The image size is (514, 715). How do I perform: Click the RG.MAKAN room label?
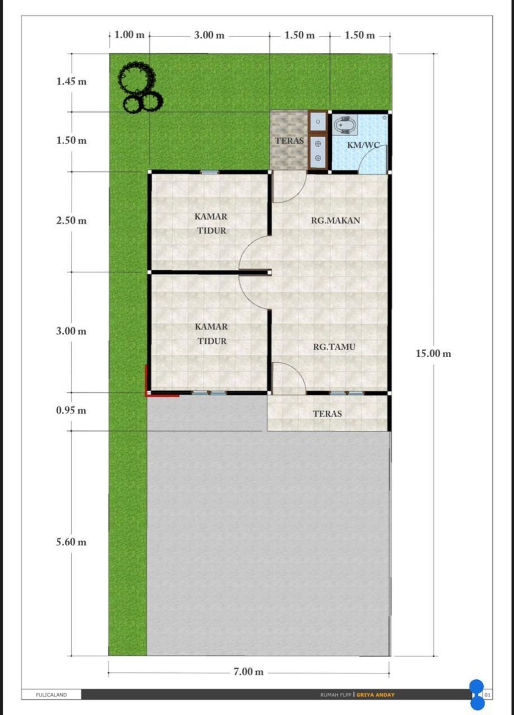[335, 220]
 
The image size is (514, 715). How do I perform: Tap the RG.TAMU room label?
[334, 347]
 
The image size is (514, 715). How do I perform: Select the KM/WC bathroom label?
[363, 145]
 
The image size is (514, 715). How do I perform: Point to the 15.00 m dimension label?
[433, 353]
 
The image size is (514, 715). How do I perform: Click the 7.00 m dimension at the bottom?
[248, 672]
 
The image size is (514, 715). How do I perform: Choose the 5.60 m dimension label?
[71, 542]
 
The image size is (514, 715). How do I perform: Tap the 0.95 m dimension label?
[71, 410]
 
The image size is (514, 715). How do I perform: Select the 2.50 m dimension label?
[71, 220]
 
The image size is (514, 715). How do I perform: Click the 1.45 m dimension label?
[71, 81]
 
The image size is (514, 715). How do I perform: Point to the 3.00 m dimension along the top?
[209, 35]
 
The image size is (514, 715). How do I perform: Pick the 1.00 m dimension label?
[130, 35]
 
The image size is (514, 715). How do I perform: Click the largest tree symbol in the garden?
[136, 77]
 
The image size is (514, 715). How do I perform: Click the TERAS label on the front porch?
[327, 414]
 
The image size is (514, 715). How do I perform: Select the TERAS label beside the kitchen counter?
[289, 141]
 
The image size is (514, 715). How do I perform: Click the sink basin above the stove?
[318, 122]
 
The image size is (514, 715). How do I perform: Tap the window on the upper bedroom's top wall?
[210, 172]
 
